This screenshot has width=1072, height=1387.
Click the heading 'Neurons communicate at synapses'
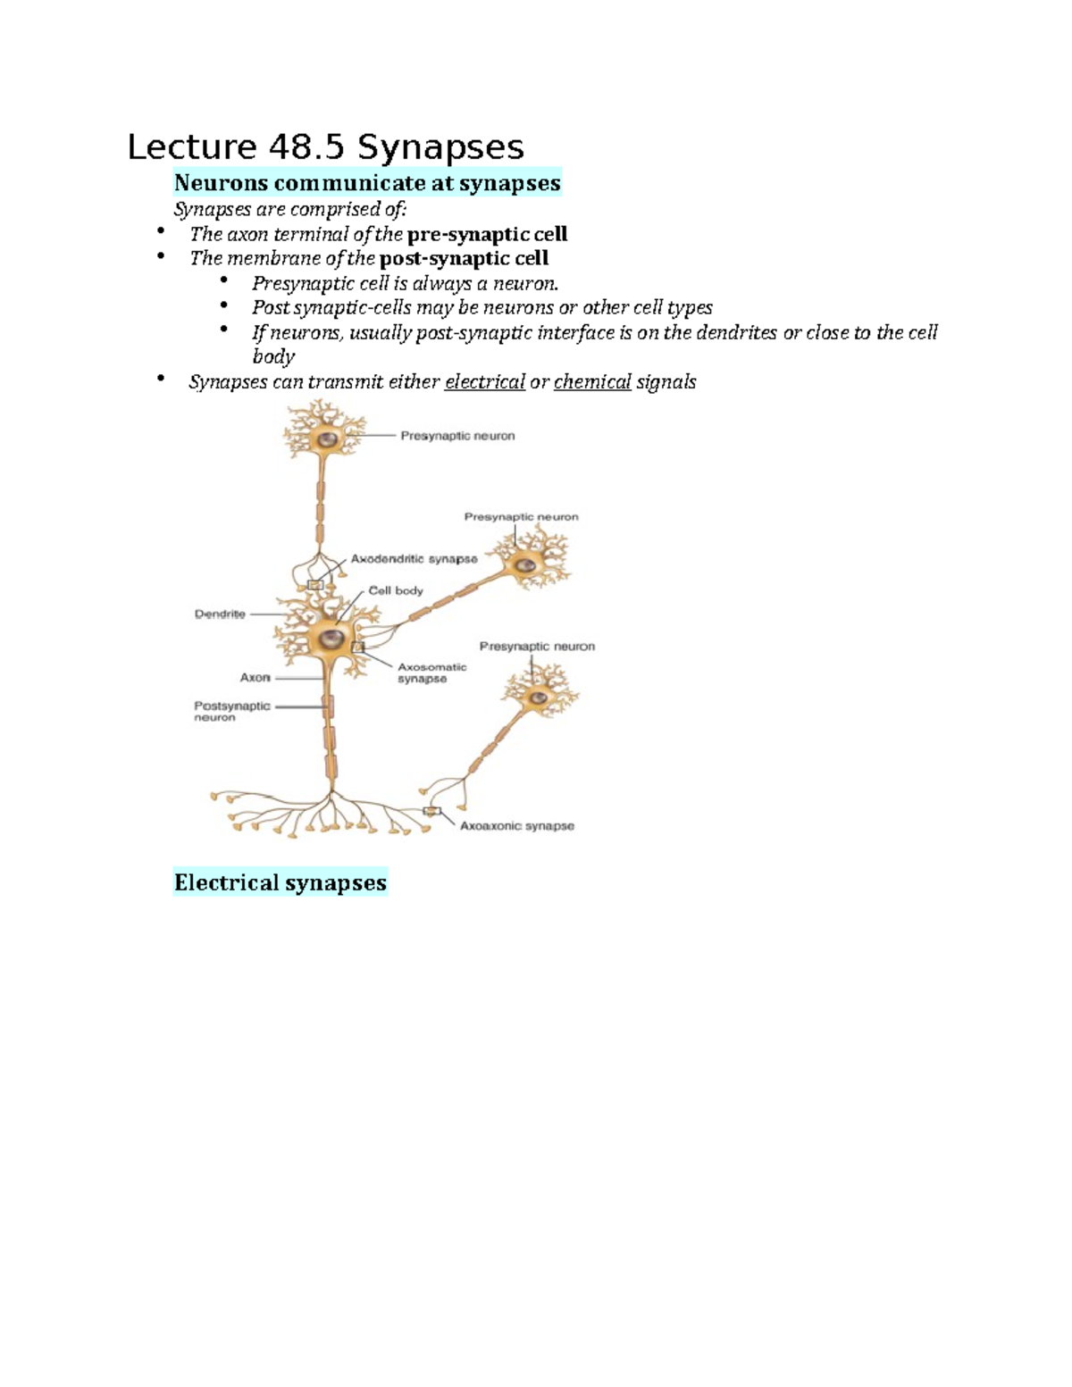367,183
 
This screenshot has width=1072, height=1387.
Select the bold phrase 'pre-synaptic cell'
487,234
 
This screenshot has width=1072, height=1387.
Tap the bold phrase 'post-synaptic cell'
464,258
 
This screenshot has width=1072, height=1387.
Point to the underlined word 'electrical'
485,382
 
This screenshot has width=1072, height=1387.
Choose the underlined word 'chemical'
592,382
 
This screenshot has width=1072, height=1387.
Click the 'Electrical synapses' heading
281,882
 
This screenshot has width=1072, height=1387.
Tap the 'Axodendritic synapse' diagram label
414,559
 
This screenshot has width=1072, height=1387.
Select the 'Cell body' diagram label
396,590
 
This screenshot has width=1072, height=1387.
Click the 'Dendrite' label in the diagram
220,614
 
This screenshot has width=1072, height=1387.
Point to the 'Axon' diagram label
255,677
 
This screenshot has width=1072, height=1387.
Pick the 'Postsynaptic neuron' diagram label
231,711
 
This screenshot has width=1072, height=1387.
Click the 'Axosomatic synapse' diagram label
431,673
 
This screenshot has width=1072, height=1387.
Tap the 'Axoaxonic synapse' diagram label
516,826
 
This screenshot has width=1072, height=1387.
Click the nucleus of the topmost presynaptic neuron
329,439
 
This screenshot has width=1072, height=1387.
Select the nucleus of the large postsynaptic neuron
332,638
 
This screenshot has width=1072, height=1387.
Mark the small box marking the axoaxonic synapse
431,811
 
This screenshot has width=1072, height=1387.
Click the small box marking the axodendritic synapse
315,585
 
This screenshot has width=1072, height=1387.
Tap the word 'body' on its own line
273,356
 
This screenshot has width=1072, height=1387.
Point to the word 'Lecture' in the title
191,147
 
